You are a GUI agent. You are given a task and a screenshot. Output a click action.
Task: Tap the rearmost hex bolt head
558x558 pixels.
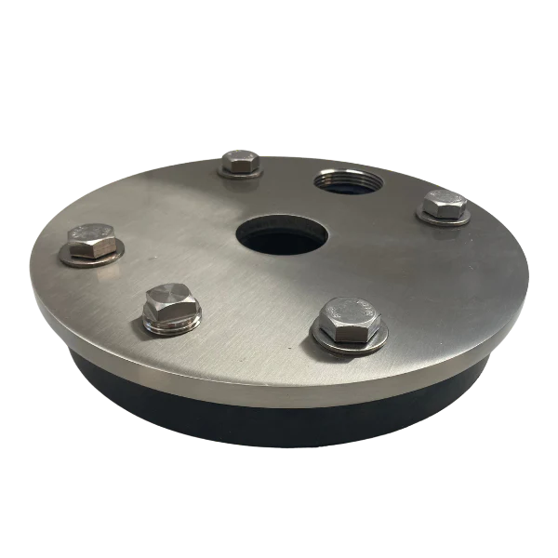(x=240, y=162)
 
